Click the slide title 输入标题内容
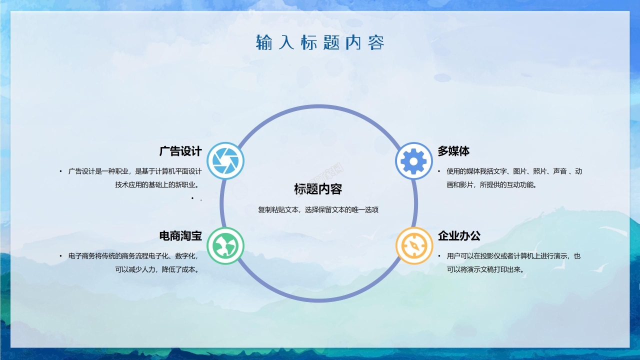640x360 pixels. tap(320, 42)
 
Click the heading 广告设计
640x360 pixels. tap(180, 151)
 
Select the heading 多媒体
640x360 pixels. tap(453, 151)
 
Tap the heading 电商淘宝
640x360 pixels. tap(180, 235)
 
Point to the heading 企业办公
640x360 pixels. tap(459, 235)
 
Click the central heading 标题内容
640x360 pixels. tap(318, 189)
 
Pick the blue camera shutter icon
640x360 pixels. tap(225, 161)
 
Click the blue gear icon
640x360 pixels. tap(413, 161)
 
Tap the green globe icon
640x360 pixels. tap(225, 245)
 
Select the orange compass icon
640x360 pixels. tap(413, 245)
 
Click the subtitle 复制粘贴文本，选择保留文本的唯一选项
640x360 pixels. tap(318, 210)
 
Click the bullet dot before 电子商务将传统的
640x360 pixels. tap(60, 256)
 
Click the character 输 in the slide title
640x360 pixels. tap(264, 42)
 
